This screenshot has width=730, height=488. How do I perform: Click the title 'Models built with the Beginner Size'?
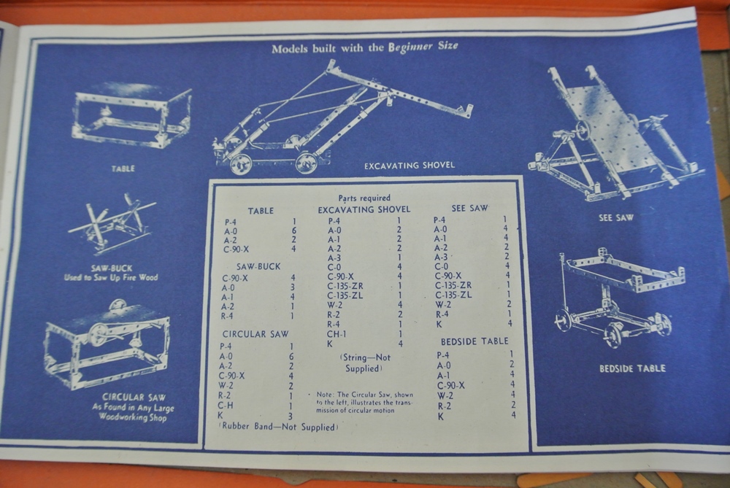tap(365, 47)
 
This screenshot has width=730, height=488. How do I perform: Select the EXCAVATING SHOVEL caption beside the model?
tap(409, 166)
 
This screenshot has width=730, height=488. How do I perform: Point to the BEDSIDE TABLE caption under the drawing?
tap(632, 368)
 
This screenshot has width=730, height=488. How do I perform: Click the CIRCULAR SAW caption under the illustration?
tap(133, 398)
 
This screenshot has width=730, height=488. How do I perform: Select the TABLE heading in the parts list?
tap(261, 211)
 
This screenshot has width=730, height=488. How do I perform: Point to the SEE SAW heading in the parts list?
tap(469, 208)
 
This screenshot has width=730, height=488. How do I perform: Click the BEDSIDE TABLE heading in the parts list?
tap(474, 341)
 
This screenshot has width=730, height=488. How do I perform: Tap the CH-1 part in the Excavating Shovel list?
tap(337, 333)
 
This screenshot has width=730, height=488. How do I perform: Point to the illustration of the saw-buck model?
tap(113, 222)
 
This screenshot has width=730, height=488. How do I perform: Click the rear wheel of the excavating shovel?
tap(241, 163)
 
